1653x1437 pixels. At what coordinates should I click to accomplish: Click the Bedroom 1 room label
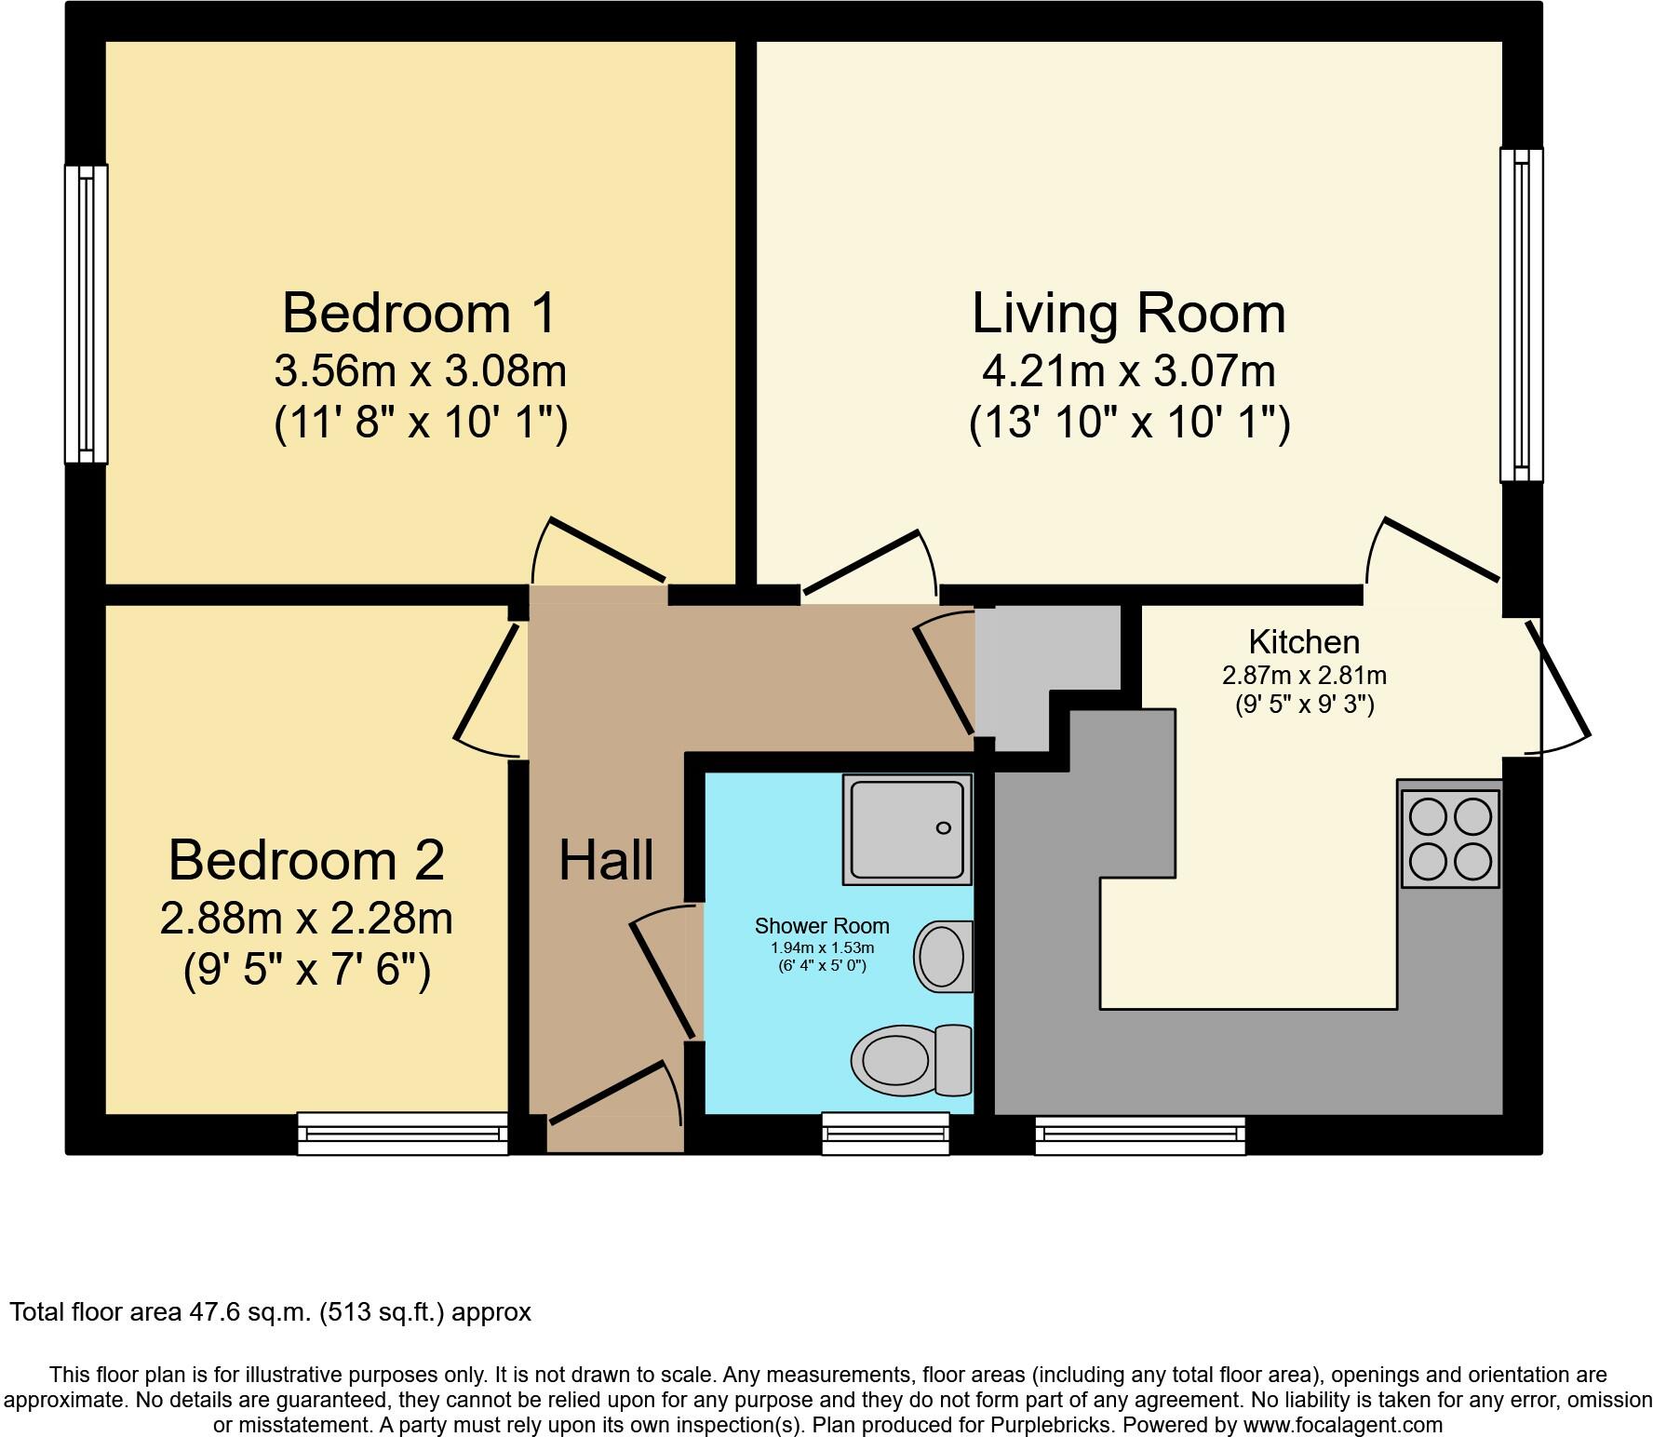pyautogui.click(x=419, y=313)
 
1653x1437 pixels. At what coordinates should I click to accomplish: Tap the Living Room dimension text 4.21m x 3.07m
pyautogui.click(x=1128, y=371)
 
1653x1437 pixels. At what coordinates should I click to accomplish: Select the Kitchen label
pyautogui.click(x=1303, y=642)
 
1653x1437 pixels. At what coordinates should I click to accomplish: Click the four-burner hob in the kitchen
pyautogui.click(x=1450, y=839)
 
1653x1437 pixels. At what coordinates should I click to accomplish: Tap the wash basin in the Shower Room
pyautogui.click(x=943, y=956)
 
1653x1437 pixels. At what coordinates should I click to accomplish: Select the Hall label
pyautogui.click(x=606, y=860)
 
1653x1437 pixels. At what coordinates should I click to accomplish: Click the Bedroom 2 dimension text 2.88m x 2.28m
pyautogui.click(x=306, y=920)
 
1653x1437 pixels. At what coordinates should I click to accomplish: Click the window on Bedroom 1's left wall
pyautogui.click(x=86, y=314)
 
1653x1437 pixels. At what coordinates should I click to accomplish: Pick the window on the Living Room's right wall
pyautogui.click(x=1521, y=315)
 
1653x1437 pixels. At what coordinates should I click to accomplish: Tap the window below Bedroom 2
pyautogui.click(x=402, y=1133)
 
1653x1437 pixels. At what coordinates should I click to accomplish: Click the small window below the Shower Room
pyautogui.click(x=885, y=1133)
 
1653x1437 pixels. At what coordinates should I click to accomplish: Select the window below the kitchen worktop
pyautogui.click(x=1140, y=1133)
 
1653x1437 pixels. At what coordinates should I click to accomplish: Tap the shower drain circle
pyautogui.click(x=944, y=827)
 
